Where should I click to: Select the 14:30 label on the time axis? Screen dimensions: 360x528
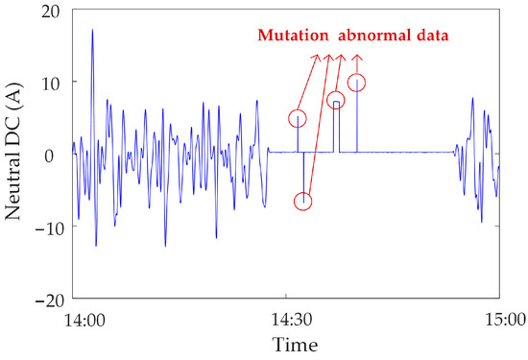click(288, 320)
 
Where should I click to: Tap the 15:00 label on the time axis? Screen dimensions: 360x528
click(498, 320)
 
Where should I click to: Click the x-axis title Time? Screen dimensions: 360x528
click(288, 344)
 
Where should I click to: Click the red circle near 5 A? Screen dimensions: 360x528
click(298, 118)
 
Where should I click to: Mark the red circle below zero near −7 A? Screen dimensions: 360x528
click(303, 202)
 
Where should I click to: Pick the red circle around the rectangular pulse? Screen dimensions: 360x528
click(335, 101)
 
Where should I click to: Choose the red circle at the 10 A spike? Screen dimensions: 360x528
click(357, 84)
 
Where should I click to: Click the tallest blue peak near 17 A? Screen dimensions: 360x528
click(92, 31)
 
